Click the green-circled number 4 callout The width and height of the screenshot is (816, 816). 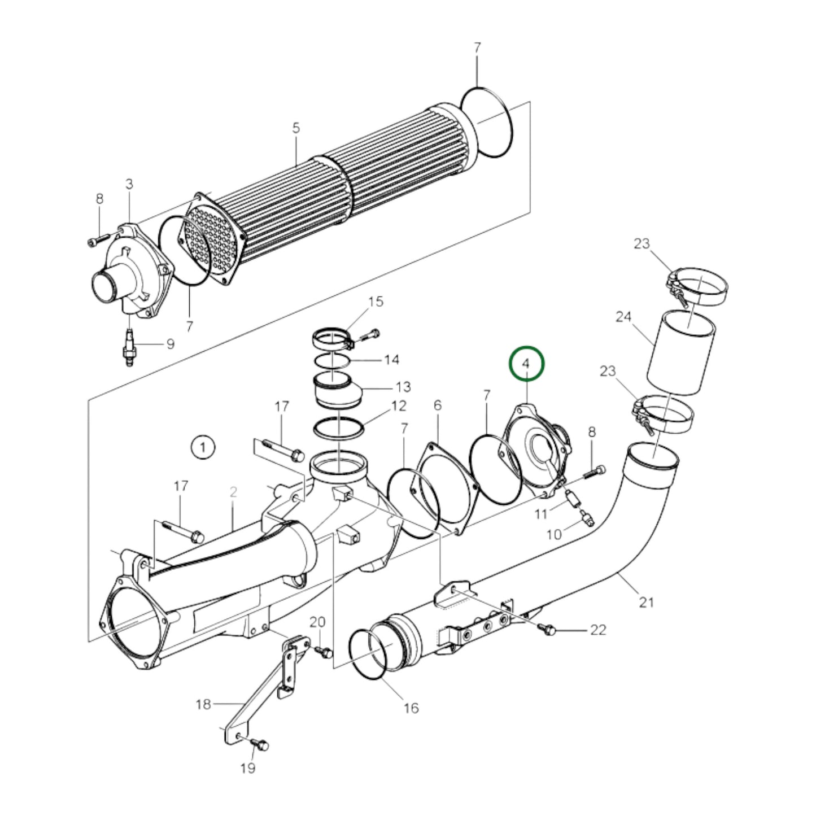[x=526, y=364]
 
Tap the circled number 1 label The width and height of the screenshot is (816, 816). [x=202, y=448]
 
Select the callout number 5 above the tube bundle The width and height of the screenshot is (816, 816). [x=296, y=128]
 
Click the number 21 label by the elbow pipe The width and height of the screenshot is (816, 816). [x=646, y=602]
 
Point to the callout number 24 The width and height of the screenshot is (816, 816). [x=623, y=317]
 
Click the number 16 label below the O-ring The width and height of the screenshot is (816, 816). [x=411, y=708]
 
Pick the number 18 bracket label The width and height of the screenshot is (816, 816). [x=203, y=704]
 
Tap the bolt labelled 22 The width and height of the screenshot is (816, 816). [x=547, y=629]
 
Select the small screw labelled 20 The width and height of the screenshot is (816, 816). [x=325, y=652]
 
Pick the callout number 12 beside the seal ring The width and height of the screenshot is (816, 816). [x=398, y=405]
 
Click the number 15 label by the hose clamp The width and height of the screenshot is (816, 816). [x=376, y=301]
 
